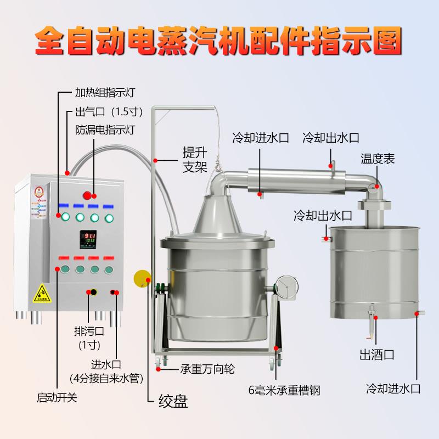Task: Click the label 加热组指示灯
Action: tap(104, 93)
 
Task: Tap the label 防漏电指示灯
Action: tap(104, 130)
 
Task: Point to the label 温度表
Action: tap(378, 160)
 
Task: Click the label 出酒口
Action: tap(377, 354)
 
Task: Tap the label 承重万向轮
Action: tap(207, 369)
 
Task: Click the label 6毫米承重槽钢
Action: tap(283, 391)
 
